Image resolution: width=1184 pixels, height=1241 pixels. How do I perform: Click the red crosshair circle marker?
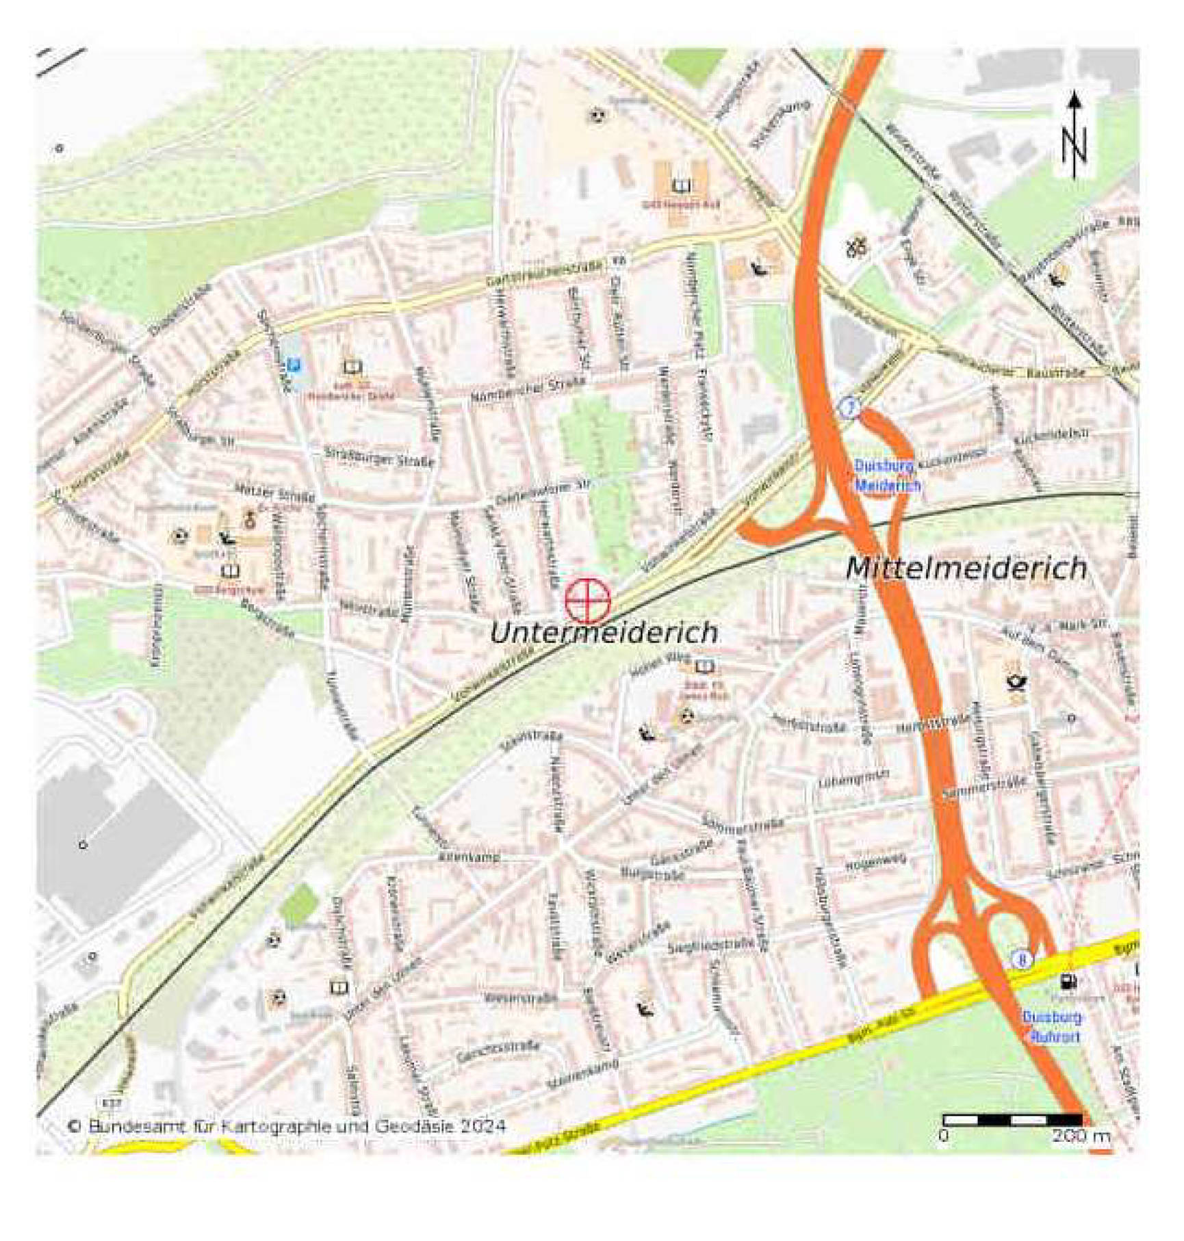coord(588,600)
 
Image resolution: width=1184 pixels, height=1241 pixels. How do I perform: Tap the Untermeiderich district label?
coord(604,632)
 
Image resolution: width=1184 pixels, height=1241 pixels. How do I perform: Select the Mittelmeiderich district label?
coord(966,568)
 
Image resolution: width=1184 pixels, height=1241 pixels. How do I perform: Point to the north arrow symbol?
coord(1074,137)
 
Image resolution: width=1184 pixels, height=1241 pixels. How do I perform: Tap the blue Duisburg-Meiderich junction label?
coord(887,476)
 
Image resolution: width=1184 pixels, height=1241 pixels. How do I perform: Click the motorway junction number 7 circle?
coord(849,408)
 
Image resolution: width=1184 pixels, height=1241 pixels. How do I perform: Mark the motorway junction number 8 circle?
coord(1022,960)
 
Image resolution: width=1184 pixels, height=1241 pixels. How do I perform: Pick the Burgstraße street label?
coord(652,874)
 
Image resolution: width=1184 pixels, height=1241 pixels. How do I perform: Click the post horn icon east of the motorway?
coord(1014,681)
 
